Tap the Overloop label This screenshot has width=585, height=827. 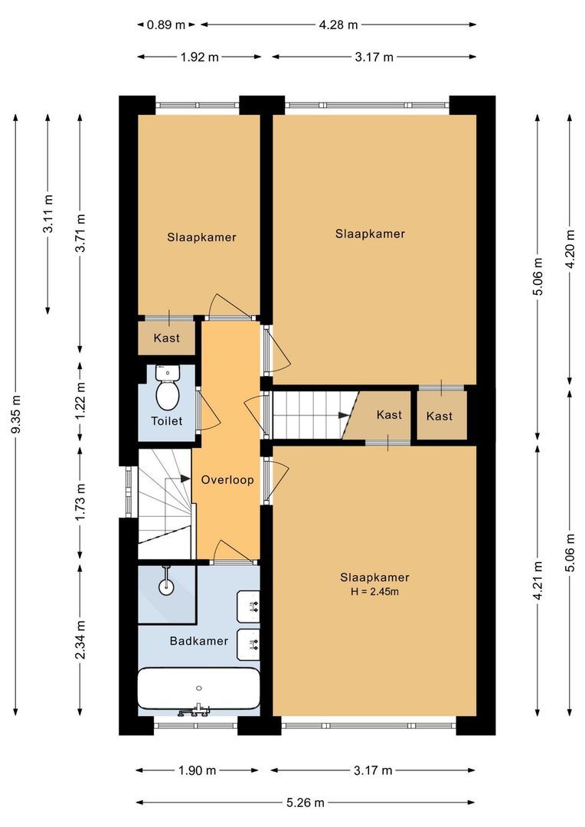pyautogui.click(x=227, y=480)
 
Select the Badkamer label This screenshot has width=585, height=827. pyautogui.click(x=199, y=641)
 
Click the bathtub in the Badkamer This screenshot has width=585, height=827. pyautogui.click(x=198, y=688)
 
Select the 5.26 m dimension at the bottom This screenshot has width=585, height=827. pyautogui.click(x=306, y=802)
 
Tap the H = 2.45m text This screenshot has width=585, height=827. pyautogui.click(x=374, y=592)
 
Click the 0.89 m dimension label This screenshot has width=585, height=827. pyautogui.click(x=165, y=25)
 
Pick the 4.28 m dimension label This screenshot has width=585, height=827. pyautogui.click(x=338, y=25)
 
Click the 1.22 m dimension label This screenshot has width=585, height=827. pyautogui.click(x=81, y=401)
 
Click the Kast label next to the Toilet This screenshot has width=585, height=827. pyautogui.click(x=166, y=338)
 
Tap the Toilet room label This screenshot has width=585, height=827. pyautogui.click(x=166, y=421)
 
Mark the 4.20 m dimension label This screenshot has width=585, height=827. pyautogui.click(x=569, y=248)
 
